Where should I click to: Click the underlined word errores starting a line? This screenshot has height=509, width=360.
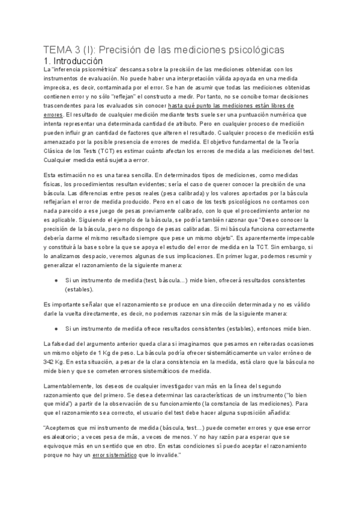coord(54,115)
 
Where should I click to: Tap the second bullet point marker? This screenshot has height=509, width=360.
coord(56,329)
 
